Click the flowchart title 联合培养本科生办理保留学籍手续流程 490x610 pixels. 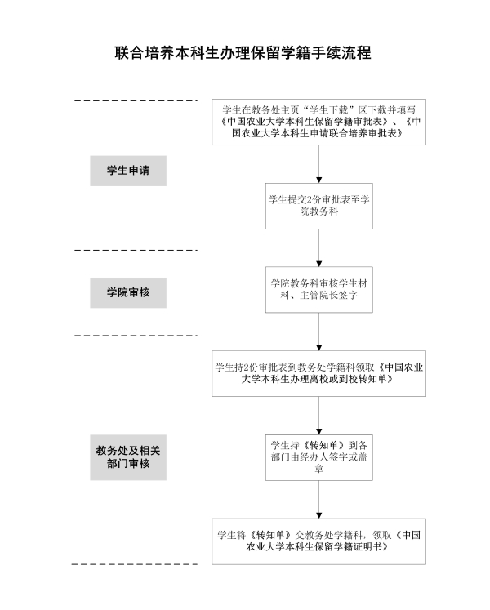243,53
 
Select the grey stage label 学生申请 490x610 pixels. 128,171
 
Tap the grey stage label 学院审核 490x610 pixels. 128,292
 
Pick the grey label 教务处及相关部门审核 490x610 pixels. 128,457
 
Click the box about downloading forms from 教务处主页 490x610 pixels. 318,122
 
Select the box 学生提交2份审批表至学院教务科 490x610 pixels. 319,206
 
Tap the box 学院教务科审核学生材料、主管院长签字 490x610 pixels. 319,289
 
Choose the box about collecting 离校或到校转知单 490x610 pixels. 318,373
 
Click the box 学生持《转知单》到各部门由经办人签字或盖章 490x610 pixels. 319,457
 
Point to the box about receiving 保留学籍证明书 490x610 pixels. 318,541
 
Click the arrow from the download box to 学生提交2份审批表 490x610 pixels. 319,164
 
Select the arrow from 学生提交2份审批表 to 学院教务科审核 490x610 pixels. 319,247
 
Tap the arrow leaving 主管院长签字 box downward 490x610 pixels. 319,332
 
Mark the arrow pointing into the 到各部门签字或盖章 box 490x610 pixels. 319,416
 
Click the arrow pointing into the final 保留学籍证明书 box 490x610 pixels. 319,500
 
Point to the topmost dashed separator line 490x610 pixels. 136,100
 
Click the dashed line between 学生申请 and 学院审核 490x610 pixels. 136,250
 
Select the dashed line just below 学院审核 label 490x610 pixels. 136,335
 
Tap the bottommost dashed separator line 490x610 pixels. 135,564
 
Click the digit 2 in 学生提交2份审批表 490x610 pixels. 310,200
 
